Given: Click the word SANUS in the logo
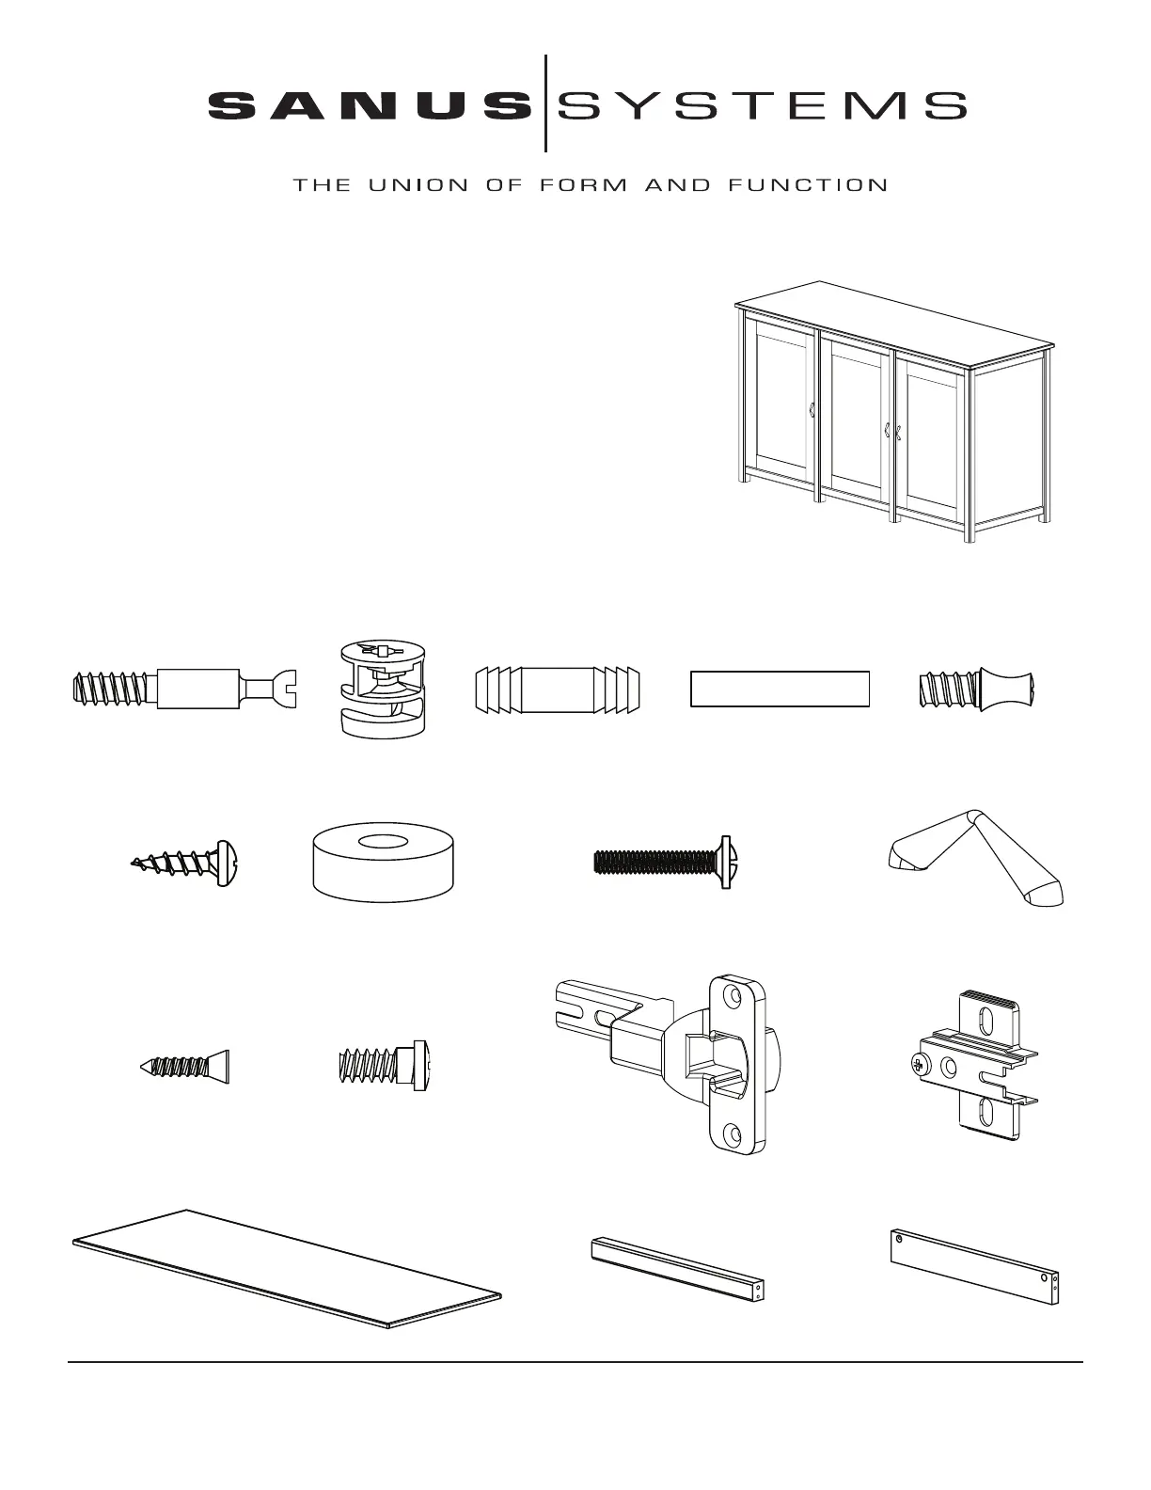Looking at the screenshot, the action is pos(371,106).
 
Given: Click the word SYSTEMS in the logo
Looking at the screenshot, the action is pos(763,106).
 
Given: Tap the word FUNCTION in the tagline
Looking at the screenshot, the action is pos(808,185).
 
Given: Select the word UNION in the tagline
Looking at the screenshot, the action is pos(418,185).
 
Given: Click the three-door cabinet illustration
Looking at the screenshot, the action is pos(894,411).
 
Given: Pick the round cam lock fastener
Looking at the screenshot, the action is pos(384,689).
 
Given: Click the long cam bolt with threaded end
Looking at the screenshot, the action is pos(184,689).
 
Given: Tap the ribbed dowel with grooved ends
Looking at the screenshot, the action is pos(558,690).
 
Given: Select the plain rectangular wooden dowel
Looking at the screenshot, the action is pos(780,689).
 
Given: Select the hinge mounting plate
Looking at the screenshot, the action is pos(975,1064).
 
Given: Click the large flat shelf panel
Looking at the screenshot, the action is pos(287,1269).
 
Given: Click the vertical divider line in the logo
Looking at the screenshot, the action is pos(545,103).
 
